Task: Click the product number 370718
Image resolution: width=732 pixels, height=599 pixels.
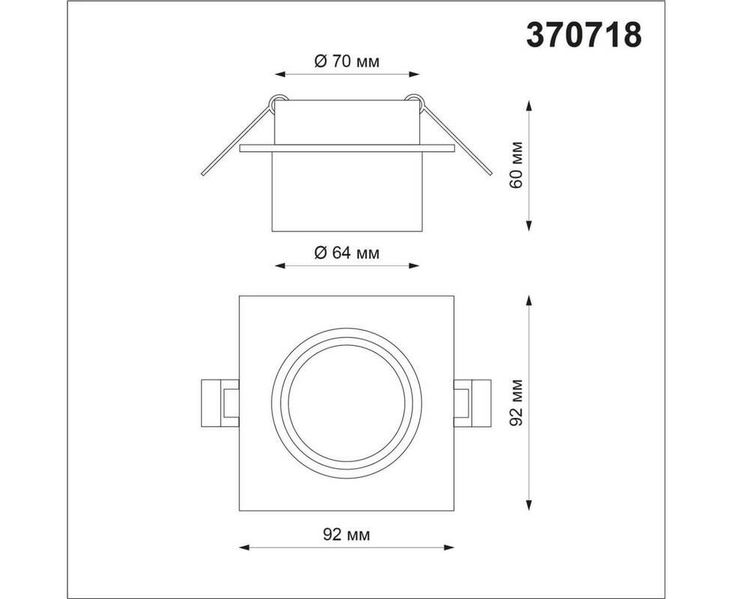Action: coord(584,35)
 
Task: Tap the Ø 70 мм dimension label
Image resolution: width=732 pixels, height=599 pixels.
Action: coord(347,61)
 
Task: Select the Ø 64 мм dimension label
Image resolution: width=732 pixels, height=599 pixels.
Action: coord(347,253)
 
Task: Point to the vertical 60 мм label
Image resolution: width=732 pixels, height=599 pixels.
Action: coord(517,164)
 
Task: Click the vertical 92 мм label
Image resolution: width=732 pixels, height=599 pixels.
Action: coord(517,402)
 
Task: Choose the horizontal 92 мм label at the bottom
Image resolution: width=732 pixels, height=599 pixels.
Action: coord(347,535)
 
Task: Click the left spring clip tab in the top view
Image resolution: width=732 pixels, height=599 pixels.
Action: coord(220,404)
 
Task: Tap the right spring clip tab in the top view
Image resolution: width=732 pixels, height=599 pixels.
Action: coord(472,404)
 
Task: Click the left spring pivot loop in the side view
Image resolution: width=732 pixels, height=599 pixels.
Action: coord(278,101)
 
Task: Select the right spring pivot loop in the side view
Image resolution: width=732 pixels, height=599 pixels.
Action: coord(415,101)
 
